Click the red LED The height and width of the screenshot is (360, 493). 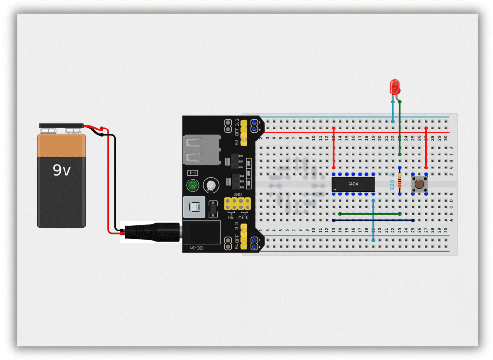point(395,87)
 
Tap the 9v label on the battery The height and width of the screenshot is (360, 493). point(62,170)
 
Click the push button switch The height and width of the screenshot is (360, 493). point(419,184)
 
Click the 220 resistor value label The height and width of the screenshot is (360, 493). point(392,183)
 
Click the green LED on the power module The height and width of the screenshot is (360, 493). point(194,185)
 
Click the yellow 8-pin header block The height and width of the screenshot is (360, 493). point(237,206)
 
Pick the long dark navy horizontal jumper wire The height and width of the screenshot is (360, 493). point(373,220)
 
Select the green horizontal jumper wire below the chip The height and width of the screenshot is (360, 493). point(370,213)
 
